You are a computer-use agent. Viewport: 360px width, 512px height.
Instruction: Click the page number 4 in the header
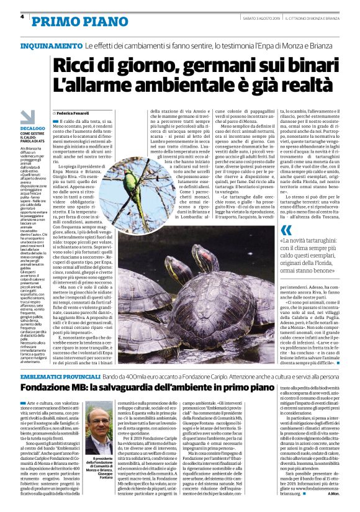tap(22, 17)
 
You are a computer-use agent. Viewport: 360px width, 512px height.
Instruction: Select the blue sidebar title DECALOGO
tap(33, 127)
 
